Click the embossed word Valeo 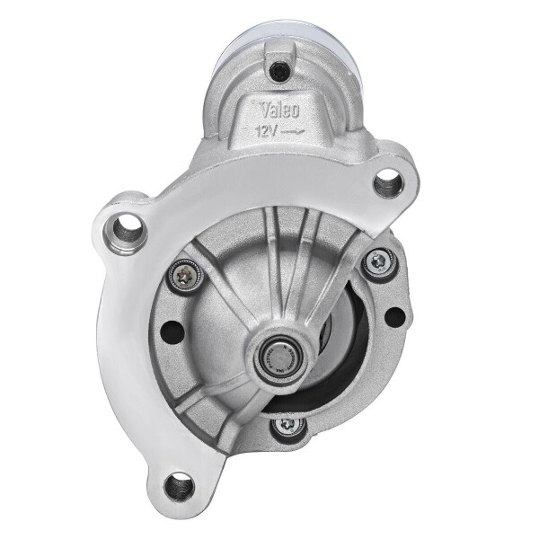pos(280,111)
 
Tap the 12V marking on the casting pos(267,131)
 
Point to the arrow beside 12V pos(293,132)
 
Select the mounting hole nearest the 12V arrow pos(388,184)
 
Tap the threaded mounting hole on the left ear pos(127,229)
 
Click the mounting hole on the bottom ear pos(180,486)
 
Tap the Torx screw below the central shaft pos(287,425)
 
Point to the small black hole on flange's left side pos(172,331)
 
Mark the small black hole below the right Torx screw pos(393,316)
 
